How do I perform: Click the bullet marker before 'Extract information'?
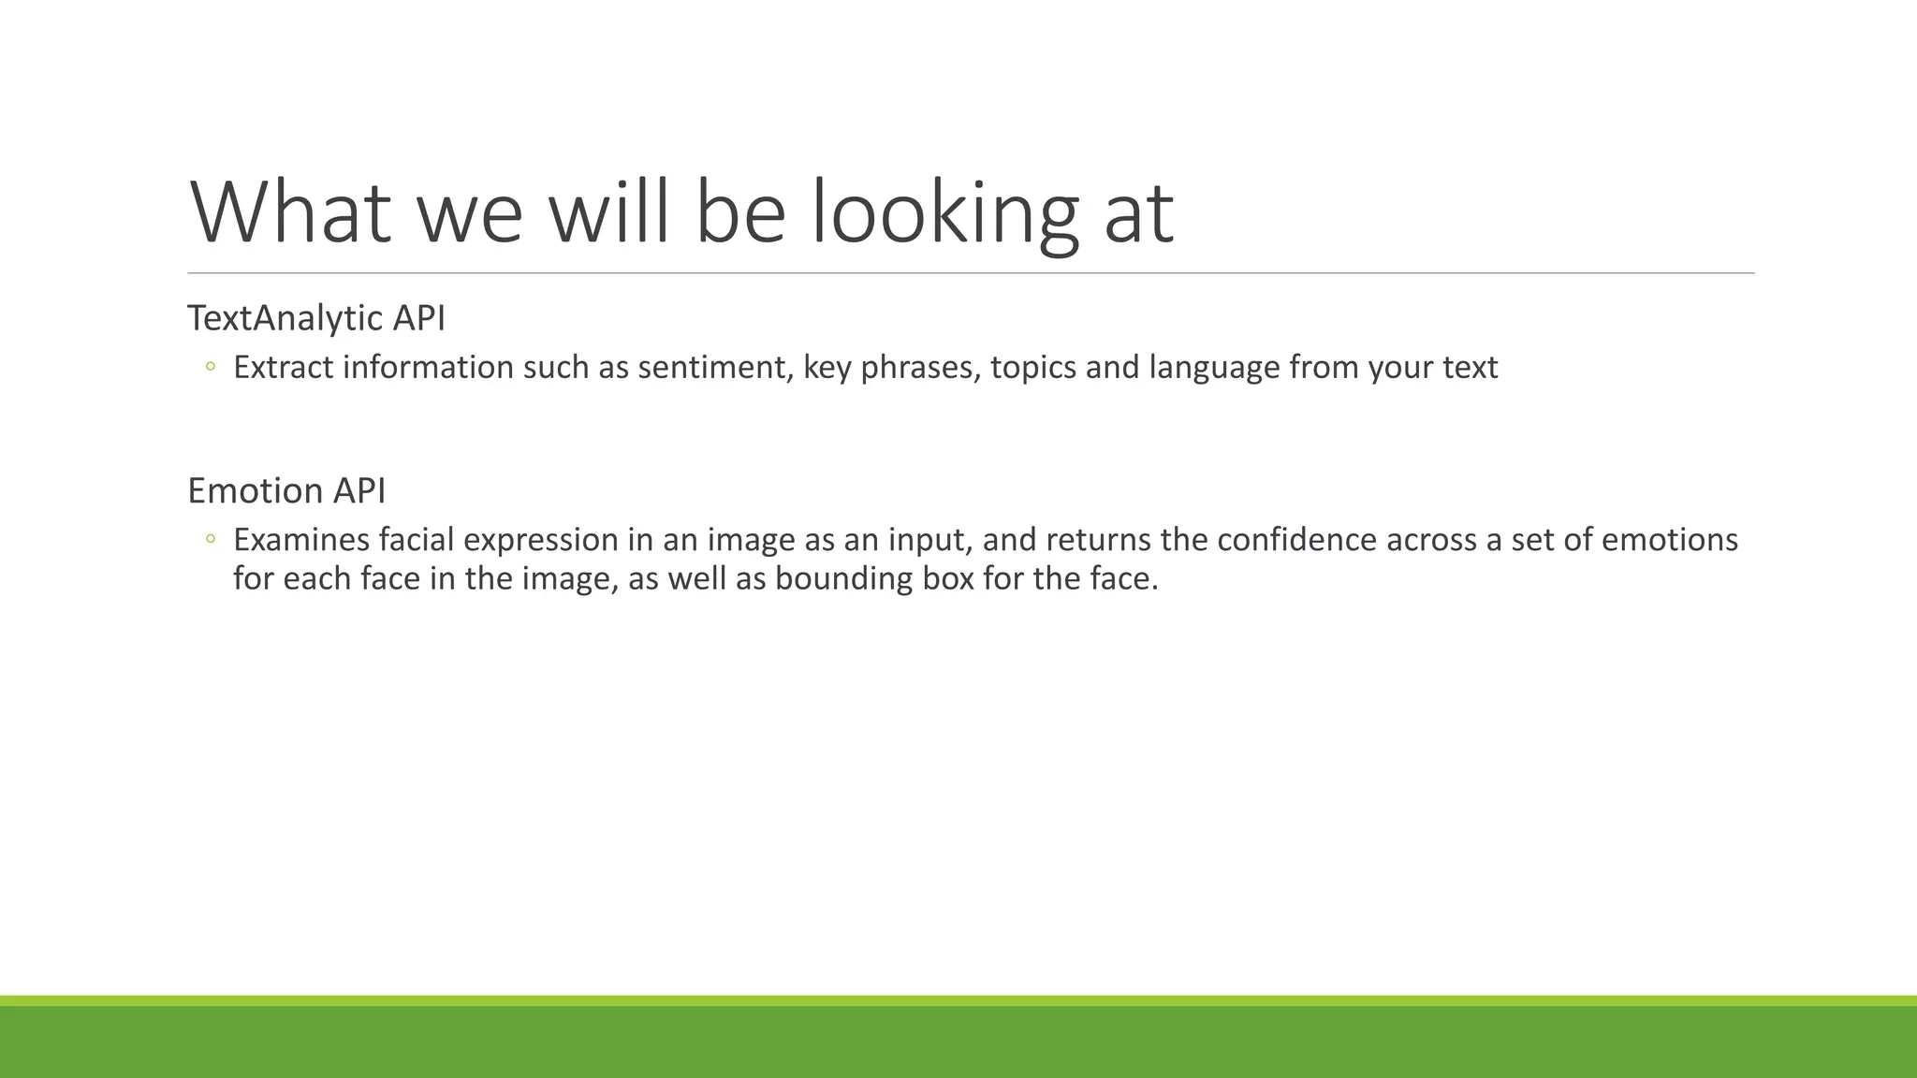coord(211,367)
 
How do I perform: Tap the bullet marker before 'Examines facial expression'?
coord(211,539)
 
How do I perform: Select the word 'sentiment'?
coord(715,367)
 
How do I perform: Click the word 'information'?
coord(428,367)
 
